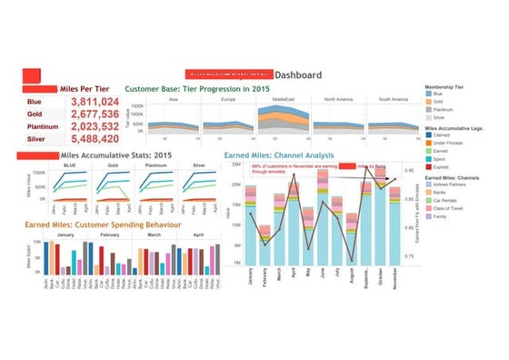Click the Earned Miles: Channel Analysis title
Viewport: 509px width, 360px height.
291,156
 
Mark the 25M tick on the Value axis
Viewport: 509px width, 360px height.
235,165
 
